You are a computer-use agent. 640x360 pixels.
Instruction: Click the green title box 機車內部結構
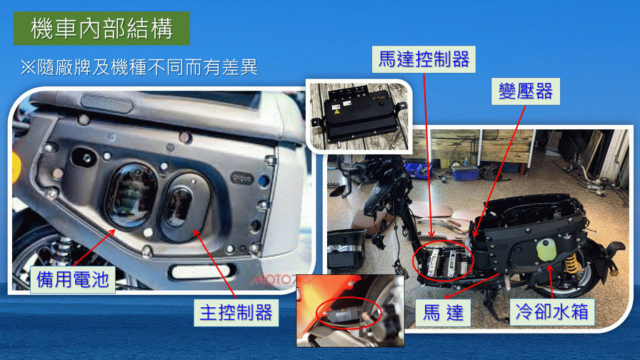click(101, 28)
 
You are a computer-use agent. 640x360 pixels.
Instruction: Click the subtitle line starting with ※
click(139, 67)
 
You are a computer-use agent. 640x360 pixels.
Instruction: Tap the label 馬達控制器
click(424, 59)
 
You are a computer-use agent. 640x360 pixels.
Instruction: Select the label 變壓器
click(525, 91)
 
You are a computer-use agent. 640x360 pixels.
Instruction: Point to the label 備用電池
click(73, 279)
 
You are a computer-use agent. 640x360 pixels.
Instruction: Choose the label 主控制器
click(236, 313)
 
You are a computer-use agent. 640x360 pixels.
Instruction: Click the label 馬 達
click(443, 313)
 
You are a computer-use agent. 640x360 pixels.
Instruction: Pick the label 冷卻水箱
click(552, 312)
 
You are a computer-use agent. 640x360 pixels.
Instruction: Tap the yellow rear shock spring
click(571, 264)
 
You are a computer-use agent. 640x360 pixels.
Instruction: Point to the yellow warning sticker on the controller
click(337, 111)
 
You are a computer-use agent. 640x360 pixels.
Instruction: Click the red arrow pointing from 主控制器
click(215, 264)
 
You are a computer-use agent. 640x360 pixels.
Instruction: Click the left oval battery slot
click(131, 196)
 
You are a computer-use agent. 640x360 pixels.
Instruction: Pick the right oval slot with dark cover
click(183, 207)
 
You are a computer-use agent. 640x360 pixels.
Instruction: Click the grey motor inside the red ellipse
click(341, 314)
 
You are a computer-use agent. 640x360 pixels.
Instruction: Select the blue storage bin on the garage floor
click(465, 172)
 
